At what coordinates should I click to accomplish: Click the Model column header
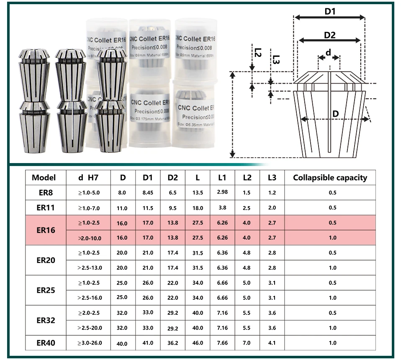[44, 178]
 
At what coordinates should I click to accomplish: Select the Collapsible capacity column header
[330, 178]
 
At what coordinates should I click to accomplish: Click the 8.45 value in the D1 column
[148, 193]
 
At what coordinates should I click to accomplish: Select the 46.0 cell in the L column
[198, 343]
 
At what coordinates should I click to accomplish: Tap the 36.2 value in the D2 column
[172, 343]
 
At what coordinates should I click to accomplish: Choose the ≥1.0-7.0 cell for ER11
[89, 208]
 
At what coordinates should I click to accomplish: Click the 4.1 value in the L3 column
[272, 343]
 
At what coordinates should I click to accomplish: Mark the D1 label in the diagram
[330, 11]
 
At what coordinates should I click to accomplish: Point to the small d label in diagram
[329, 52]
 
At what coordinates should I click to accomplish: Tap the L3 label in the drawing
[275, 60]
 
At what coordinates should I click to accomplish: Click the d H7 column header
[88, 178]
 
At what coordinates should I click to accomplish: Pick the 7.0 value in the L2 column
[247, 343]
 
